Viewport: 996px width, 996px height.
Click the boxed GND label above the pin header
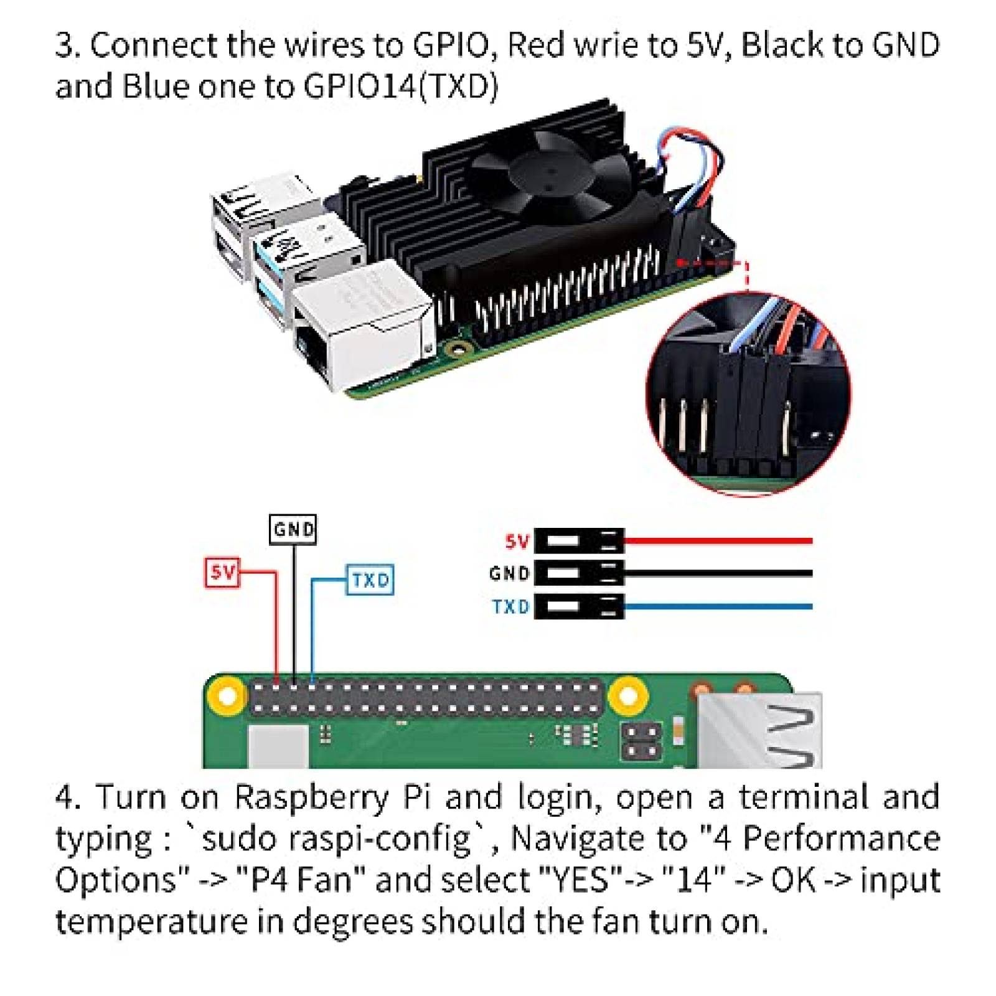(x=293, y=529)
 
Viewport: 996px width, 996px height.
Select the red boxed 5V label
(x=222, y=572)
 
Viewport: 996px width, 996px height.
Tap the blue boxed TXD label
(x=370, y=580)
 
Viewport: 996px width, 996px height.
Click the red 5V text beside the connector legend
(x=516, y=541)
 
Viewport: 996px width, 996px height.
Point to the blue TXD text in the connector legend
(x=510, y=606)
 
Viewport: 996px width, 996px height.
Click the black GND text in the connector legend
(x=509, y=573)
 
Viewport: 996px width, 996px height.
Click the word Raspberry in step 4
(x=311, y=797)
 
